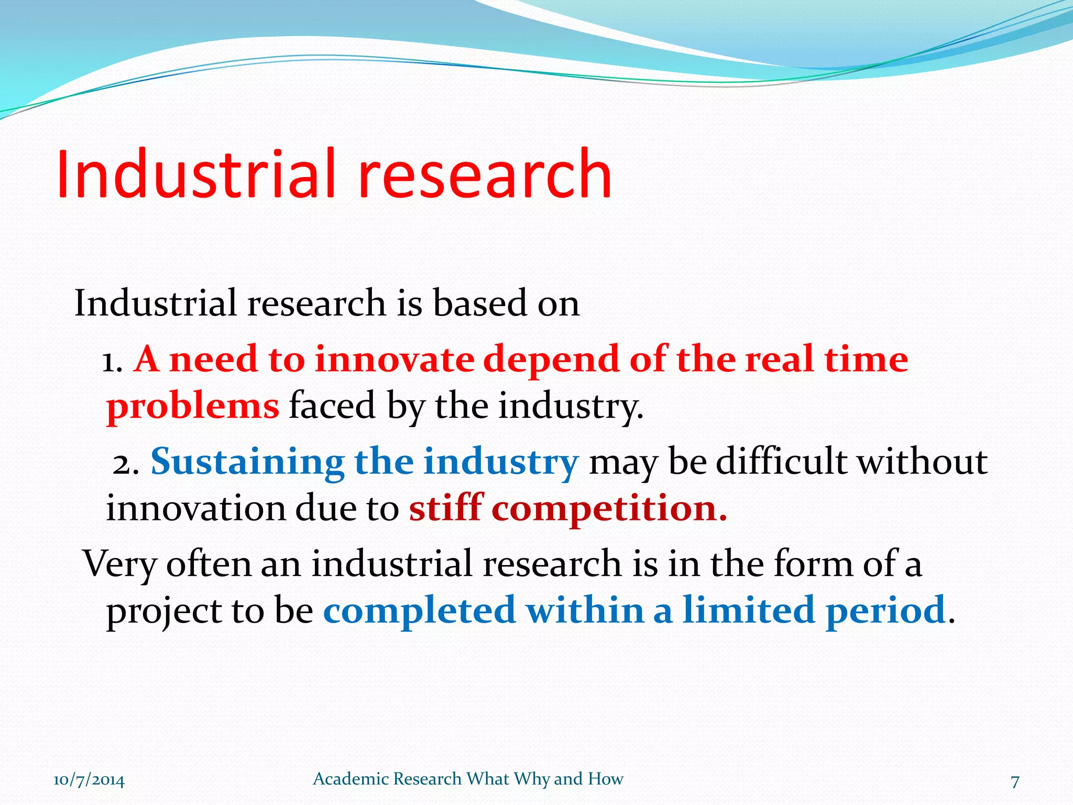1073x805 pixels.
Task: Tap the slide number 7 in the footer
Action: coord(1015,781)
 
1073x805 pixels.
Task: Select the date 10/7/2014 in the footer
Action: coord(89,780)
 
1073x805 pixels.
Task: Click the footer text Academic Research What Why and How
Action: coord(468,779)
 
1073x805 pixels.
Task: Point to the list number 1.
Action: coord(111,362)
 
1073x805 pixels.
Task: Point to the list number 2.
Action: coord(126,463)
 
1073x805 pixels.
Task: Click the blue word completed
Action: coord(419,611)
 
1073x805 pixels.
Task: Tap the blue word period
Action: coord(885,611)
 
